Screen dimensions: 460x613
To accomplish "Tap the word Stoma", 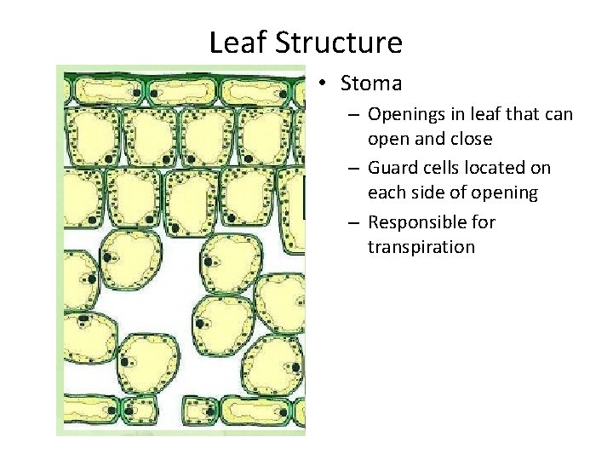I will pos(371,83).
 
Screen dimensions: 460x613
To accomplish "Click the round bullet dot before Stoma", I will pos(324,83).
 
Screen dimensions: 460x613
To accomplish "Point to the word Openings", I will pos(404,114).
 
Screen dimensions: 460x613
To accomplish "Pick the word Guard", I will pos(392,168).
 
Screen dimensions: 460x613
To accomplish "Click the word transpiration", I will pos(421,247).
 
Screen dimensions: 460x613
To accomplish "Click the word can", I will pos(559,114).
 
